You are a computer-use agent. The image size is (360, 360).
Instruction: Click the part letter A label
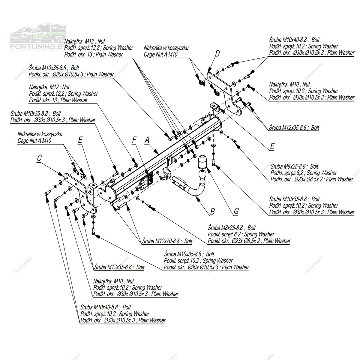pos(147,140)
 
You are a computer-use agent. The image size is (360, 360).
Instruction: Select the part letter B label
pos(212,211)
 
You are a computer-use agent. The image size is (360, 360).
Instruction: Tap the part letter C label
pos(39,159)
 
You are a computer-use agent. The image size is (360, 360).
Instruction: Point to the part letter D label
pos(217,54)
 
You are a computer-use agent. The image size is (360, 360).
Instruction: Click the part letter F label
pos(134,140)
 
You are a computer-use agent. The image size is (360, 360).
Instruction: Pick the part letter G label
pos(236,211)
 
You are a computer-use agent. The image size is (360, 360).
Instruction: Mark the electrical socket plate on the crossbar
pos(149,179)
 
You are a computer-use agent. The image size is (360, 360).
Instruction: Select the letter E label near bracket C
pos(80,140)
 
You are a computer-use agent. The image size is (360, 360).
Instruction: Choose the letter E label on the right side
pos(272,146)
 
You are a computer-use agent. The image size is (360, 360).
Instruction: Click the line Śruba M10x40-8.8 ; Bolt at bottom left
pos(106,307)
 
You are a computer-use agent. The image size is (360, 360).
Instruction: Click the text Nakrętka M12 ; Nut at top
pos(85,41)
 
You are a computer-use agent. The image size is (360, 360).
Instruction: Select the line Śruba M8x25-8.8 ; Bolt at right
pos(294,166)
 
